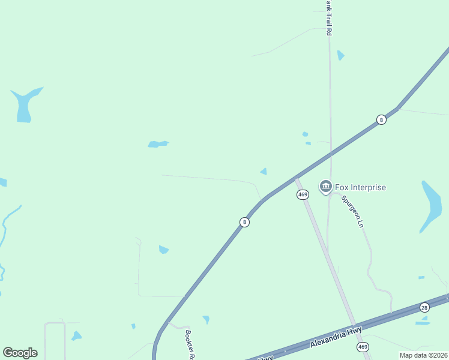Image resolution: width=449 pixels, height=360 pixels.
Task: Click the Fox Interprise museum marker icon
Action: (x=326, y=187)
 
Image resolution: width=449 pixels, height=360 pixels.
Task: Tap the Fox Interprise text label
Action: (x=360, y=187)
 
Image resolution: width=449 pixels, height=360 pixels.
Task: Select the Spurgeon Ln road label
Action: (x=352, y=211)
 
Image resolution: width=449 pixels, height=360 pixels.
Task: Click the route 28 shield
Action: (x=425, y=307)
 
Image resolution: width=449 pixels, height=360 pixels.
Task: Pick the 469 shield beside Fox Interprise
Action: (x=303, y=195)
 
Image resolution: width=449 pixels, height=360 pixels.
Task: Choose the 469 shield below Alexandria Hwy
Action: (x=363, y=347)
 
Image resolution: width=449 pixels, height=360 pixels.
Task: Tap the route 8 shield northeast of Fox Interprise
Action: (x=381, y=119)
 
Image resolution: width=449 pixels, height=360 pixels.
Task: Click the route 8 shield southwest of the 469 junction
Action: (x=244, y=222)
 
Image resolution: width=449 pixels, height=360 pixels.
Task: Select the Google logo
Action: (x=20, y=353)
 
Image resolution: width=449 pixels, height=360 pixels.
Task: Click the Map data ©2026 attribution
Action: (x=423, y=355)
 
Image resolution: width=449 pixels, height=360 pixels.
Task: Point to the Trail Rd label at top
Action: (x=328, y=18)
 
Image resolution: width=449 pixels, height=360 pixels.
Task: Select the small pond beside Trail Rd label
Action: (x=341, y=55)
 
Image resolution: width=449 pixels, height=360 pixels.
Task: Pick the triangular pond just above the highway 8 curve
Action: (x=264, y=172)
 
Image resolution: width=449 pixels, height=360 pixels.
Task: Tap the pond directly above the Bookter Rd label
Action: (x=206, y=319)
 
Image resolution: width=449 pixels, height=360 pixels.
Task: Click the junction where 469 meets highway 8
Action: (x=297, y=178)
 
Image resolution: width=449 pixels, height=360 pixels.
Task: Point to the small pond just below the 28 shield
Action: (x=423, y=323)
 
